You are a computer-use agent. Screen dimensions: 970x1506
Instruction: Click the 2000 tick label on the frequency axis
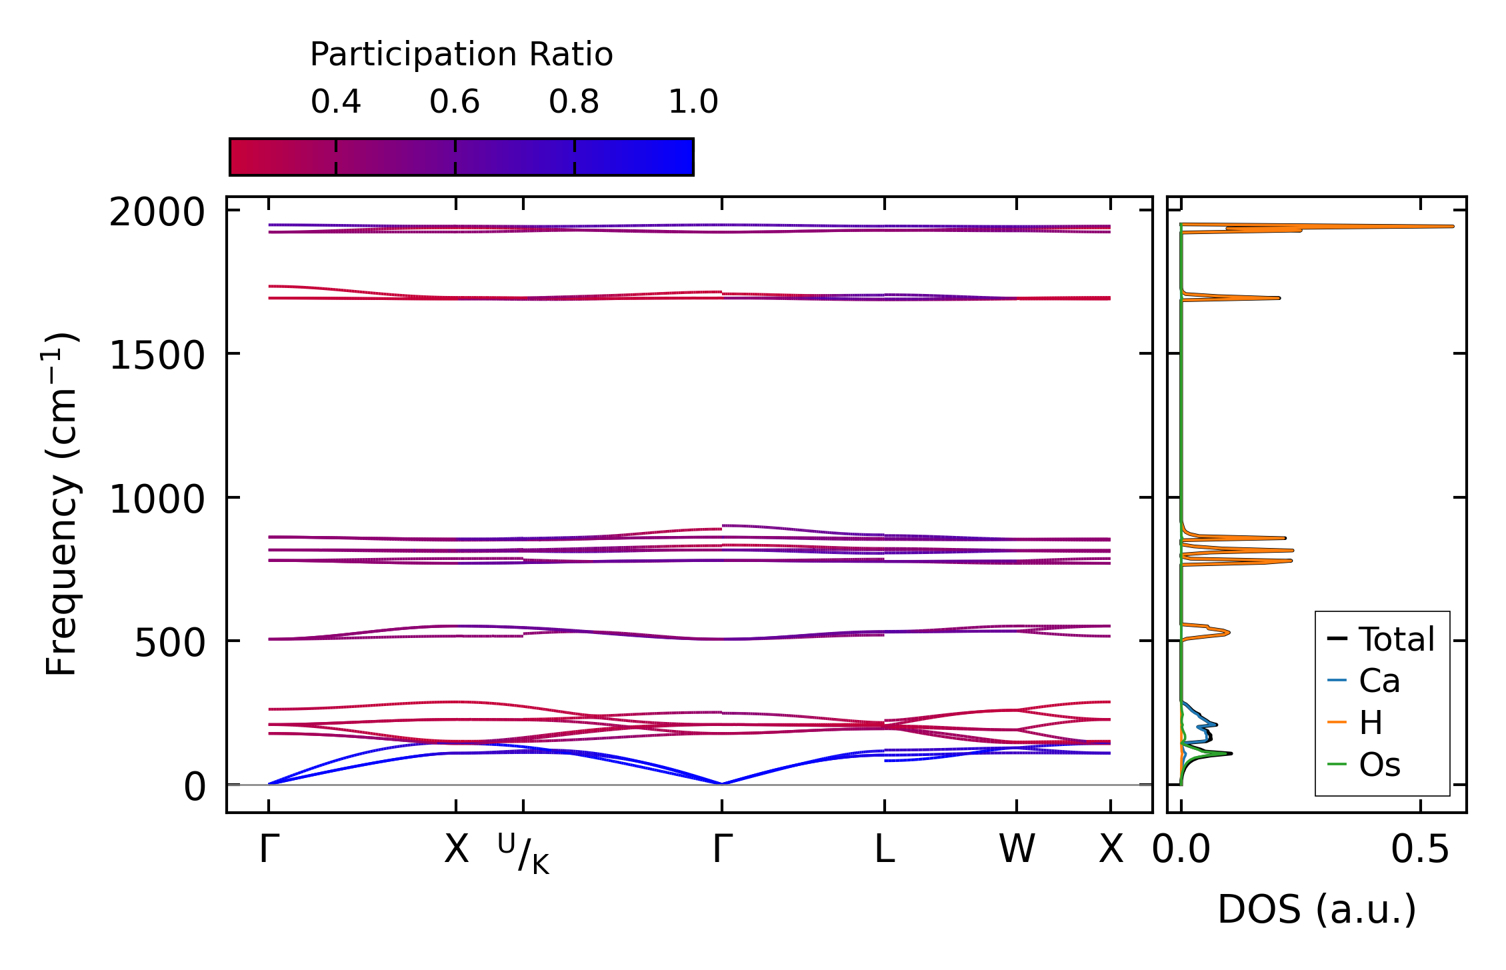click(x=157, y=213)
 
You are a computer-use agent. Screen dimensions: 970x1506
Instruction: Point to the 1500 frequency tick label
click(x=157, y=355)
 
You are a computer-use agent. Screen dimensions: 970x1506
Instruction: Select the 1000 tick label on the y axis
click(x=157, y=499)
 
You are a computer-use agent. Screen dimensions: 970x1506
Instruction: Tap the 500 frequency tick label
click(x=169, y=643)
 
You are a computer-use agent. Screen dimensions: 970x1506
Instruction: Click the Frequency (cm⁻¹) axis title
click(x=61, y=504)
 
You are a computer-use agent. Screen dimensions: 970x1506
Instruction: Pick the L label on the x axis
click(x=884, y=849)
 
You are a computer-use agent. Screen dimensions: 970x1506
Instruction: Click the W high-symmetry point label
click(x=1017, y=849)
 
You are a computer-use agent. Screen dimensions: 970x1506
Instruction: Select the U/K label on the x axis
click(x=523, y=853)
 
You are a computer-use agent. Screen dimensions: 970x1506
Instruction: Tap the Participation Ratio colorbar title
click(x=461, y=54)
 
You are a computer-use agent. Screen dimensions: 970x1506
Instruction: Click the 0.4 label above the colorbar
click(x=335, y=102)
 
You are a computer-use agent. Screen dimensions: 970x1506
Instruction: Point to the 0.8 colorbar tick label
click(x=573, y=102)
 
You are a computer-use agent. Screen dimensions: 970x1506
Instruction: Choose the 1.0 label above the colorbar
click(x=693, y=102)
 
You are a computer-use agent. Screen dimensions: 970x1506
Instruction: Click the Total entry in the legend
click(x=1396, y=639)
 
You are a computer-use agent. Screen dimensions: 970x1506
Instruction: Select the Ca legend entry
click(x=1379, y=681)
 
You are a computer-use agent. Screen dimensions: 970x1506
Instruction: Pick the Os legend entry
click(x=1379, y=765)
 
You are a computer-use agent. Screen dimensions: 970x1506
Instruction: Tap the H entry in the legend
click(x=1371, y=723)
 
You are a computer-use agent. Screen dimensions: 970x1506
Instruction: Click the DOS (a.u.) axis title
click(x=1317, y=909)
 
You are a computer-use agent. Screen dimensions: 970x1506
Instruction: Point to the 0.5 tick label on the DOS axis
click(x=1420, y=851)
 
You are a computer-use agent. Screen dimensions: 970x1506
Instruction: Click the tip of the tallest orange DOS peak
click(x=1453, y=227)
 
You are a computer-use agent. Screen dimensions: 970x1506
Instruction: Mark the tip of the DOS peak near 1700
click(x=1279, y=297)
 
